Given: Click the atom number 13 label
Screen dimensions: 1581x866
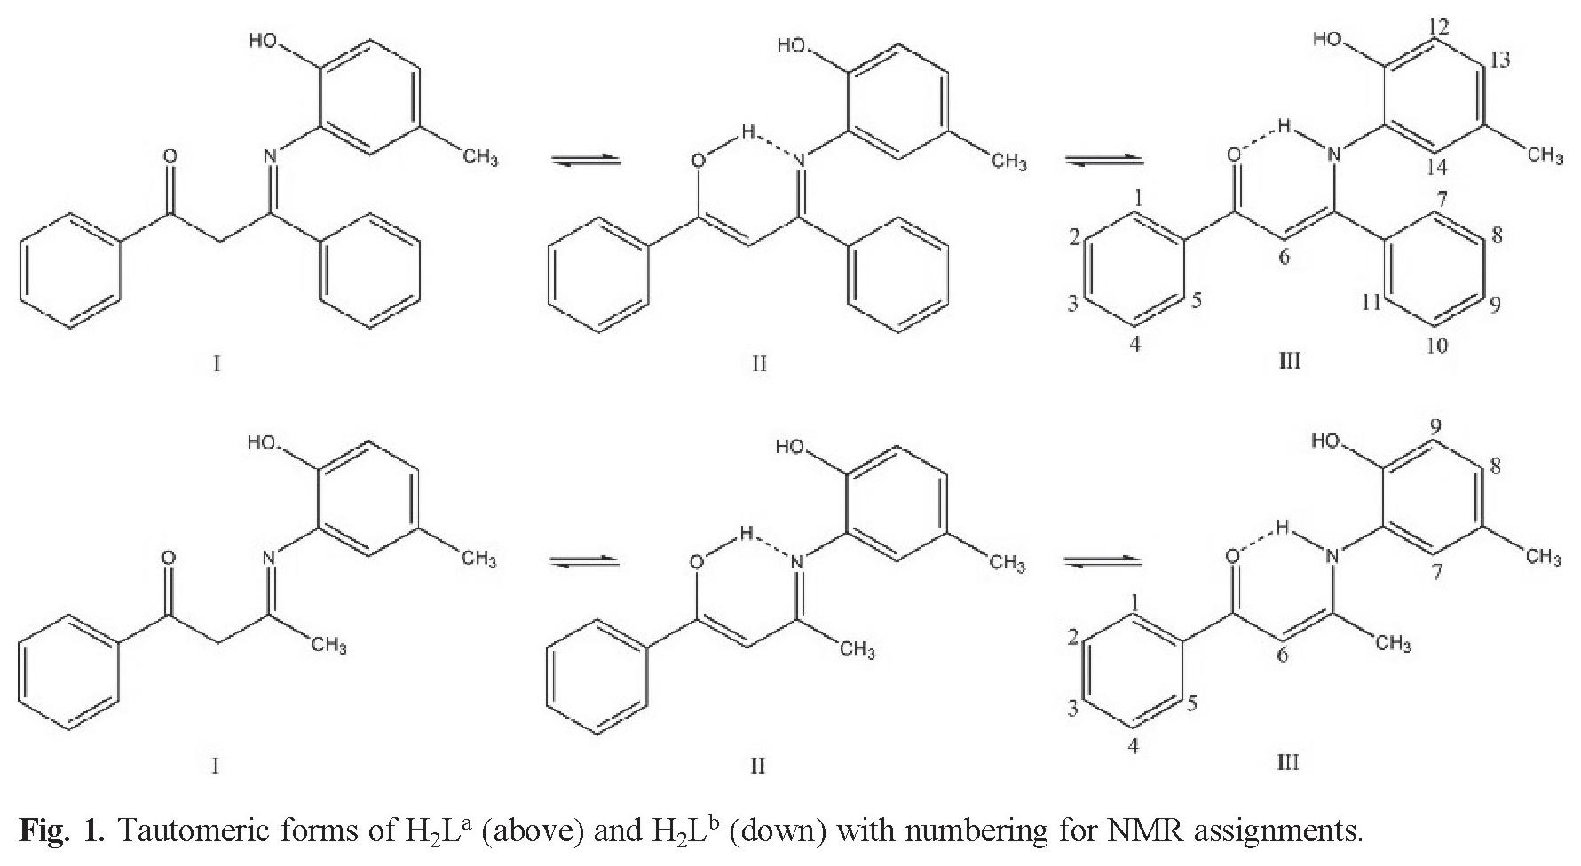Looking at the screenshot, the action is pos(1499,60).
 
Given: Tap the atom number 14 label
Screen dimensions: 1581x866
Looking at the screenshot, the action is pos(1439,166).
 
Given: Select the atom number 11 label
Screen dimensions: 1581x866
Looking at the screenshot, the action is pos(1371,303).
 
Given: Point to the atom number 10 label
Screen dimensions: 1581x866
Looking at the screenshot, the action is pos(1436,345).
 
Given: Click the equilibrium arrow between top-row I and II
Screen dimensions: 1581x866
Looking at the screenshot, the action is pos(585,160).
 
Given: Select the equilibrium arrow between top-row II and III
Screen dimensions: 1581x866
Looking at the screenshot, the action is pos(1103,161).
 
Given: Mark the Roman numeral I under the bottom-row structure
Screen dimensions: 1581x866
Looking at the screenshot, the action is pos(216,765).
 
